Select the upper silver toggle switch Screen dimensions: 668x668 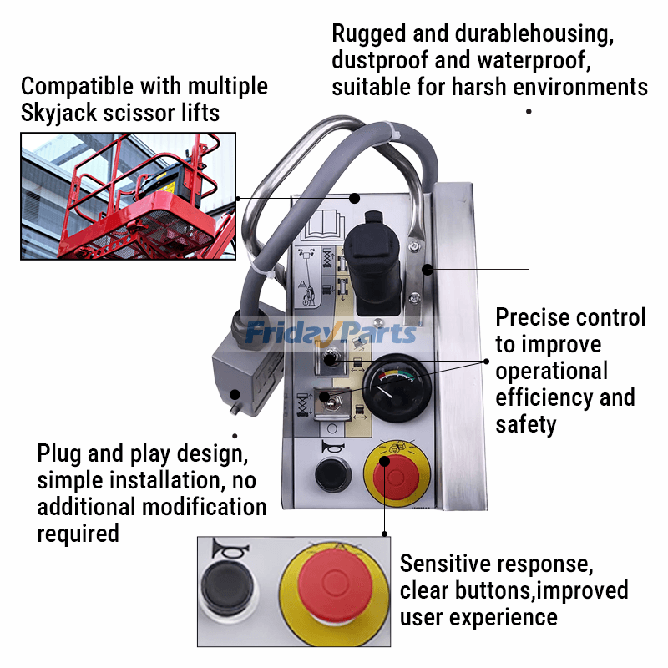(x=329, y=357)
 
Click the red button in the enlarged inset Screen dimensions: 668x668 (x=333, y=593)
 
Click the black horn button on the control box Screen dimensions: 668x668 (x=326, y=478)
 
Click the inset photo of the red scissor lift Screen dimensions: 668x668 (x=128, y=195)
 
